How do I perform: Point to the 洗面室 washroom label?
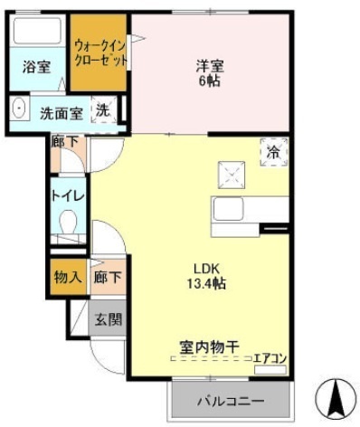61,113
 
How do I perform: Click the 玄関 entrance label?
110,319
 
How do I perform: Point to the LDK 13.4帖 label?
207,276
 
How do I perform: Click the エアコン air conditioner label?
270,357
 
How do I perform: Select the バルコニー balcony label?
232,400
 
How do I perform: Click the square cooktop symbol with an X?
229,171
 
